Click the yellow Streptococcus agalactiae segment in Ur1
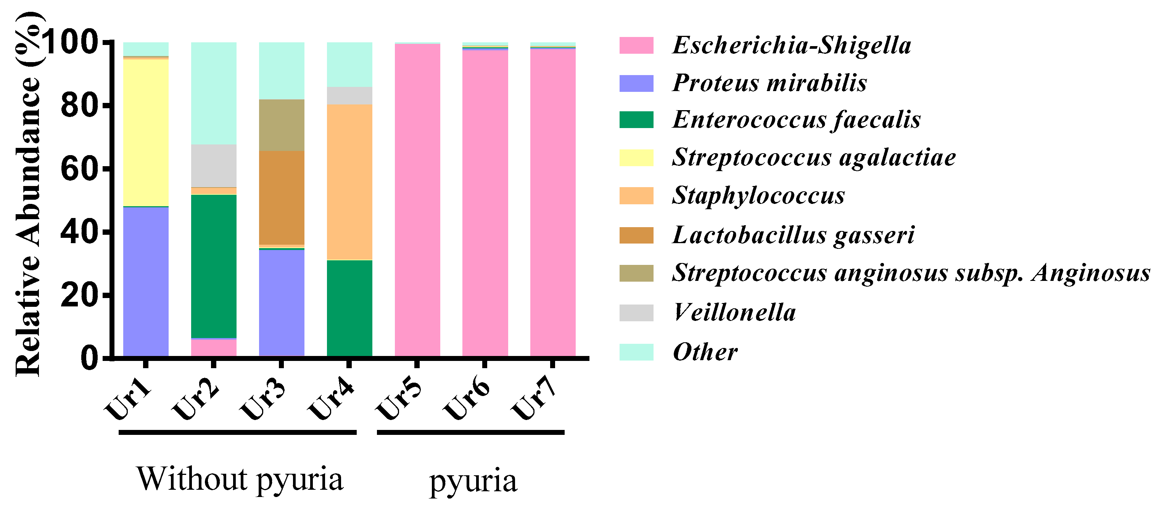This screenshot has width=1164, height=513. (145, 132)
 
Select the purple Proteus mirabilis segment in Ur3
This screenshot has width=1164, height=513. (281, 303)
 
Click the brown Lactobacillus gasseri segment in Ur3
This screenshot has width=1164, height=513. (281, 197)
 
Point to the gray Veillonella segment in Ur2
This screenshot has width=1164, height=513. (213, 165)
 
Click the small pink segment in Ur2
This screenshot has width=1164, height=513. (213, 347)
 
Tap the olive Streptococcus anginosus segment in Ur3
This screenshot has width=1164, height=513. (281, 125)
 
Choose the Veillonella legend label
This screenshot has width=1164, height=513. (734, 313)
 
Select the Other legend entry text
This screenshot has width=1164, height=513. (705, 352)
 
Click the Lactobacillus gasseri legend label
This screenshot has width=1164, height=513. (793, 235)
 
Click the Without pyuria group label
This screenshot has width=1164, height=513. (240, 479)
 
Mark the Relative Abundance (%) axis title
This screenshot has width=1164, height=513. (28, 194)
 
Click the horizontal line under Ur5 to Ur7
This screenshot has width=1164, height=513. (470, 432)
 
